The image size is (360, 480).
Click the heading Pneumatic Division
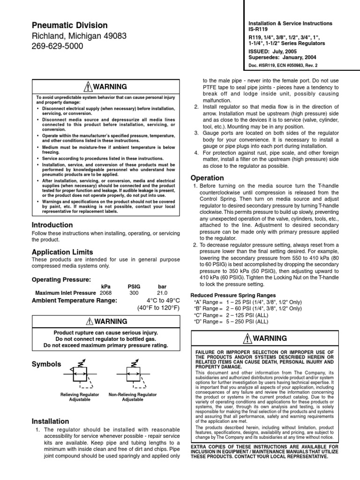[x=69, y=25]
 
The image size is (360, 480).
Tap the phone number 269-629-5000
[x=57, y=46]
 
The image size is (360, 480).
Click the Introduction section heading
[x=52, y=225]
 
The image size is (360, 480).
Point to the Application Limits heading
[x=62, y=252]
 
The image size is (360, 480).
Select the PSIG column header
[x=134, y=286]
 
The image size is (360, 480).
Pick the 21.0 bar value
[x=162, y=293]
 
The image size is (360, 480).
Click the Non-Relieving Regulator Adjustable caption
[x=133, y=397]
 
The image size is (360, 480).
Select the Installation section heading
[x=50, y=421]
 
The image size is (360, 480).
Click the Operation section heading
[x=208, y=178]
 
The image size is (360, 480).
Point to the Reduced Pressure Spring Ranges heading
[x=232, y=295]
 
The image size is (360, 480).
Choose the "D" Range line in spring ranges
[x=231, y=322]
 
